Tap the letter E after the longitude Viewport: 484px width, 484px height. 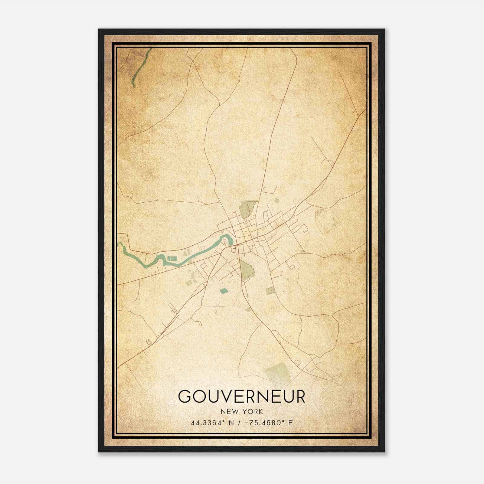[x=290, y=423]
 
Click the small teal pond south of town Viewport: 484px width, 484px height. [x=224, y=291]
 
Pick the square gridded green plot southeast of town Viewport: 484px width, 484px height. [x=270, y=291]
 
